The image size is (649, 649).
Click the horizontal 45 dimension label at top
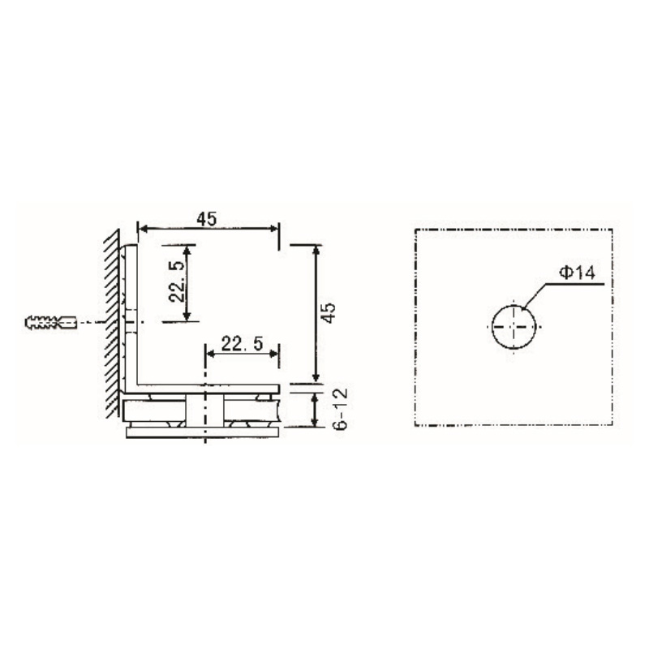point(206,218)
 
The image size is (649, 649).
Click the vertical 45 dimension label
point(328,313)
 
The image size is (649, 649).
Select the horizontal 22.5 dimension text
point(242,344)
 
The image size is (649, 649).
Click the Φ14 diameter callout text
point(577,273)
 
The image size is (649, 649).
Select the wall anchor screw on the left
point(51,322)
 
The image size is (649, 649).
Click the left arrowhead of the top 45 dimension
point(143,230)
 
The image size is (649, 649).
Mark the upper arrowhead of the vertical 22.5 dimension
point(188,249)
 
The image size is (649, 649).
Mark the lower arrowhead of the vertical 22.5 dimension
point(188,316)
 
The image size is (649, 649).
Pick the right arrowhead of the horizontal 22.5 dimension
point(275,354)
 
